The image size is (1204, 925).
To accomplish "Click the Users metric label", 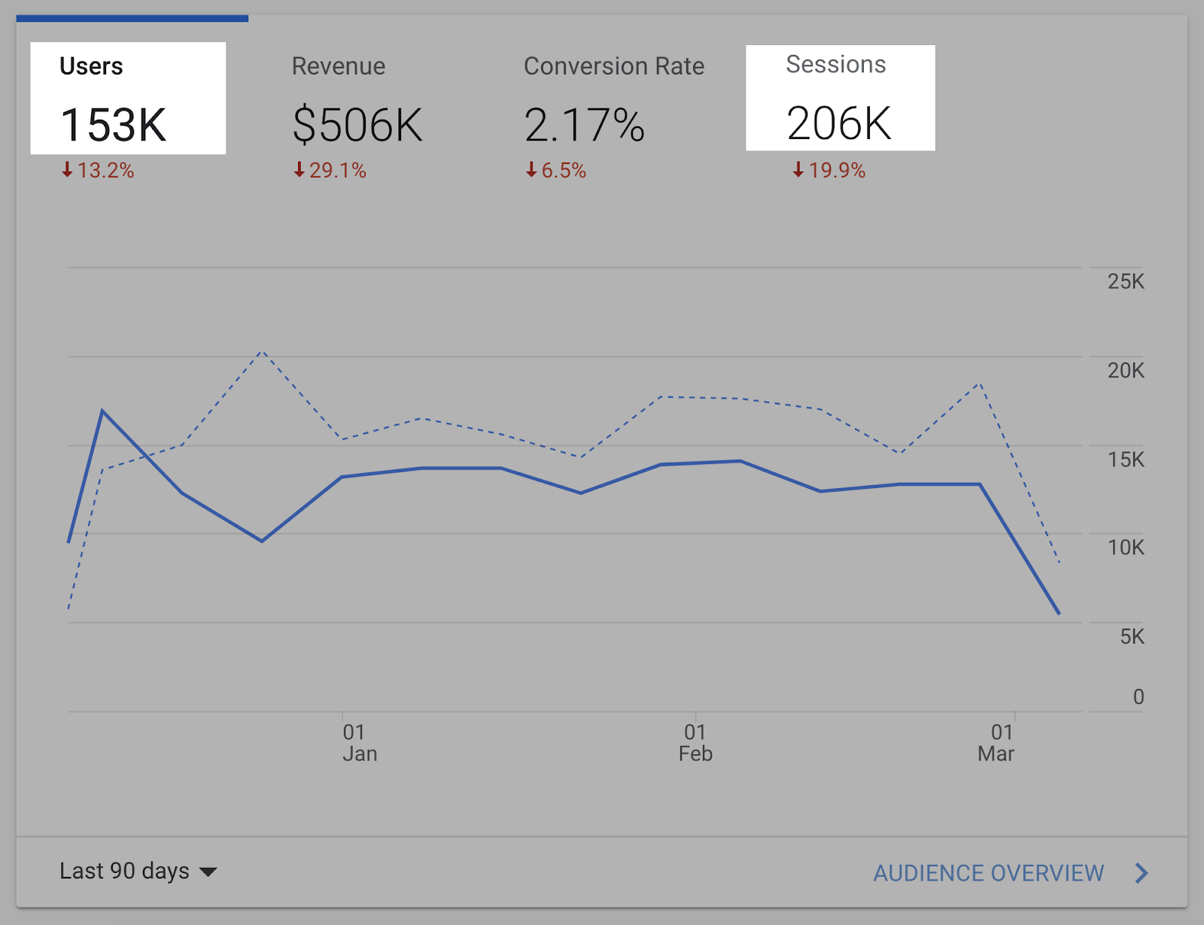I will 91,66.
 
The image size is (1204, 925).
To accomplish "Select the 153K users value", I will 113,125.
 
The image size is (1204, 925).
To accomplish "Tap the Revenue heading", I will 339,66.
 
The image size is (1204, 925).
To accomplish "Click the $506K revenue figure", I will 357,125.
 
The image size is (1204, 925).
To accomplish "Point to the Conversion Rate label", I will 614,66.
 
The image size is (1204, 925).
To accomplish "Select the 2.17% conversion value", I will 585,125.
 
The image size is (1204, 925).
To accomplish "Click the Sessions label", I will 836,65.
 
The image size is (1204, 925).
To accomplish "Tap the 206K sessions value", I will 839,123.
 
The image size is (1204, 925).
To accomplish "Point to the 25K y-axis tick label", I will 1126,282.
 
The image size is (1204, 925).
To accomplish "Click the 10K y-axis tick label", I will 1126,547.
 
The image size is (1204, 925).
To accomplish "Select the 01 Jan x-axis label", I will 359,743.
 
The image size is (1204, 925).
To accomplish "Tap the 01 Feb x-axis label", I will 695,743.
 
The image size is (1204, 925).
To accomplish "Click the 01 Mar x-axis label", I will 996,743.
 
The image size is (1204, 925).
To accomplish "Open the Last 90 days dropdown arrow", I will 208,872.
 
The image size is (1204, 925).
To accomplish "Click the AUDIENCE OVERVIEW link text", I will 988,873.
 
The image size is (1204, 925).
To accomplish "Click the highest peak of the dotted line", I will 261,351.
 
